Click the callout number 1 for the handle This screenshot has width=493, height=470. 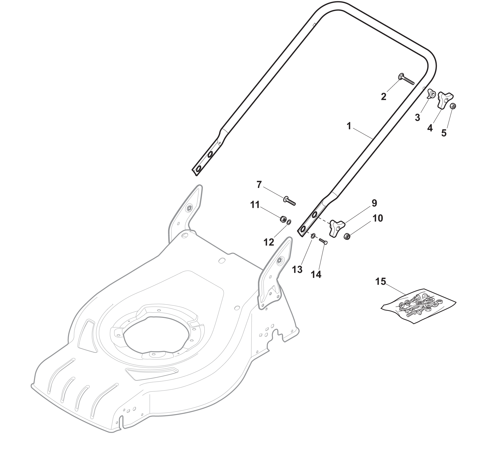(349, 126)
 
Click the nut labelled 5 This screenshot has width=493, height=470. (453, 106)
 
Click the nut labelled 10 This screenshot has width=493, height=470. (347, 236)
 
